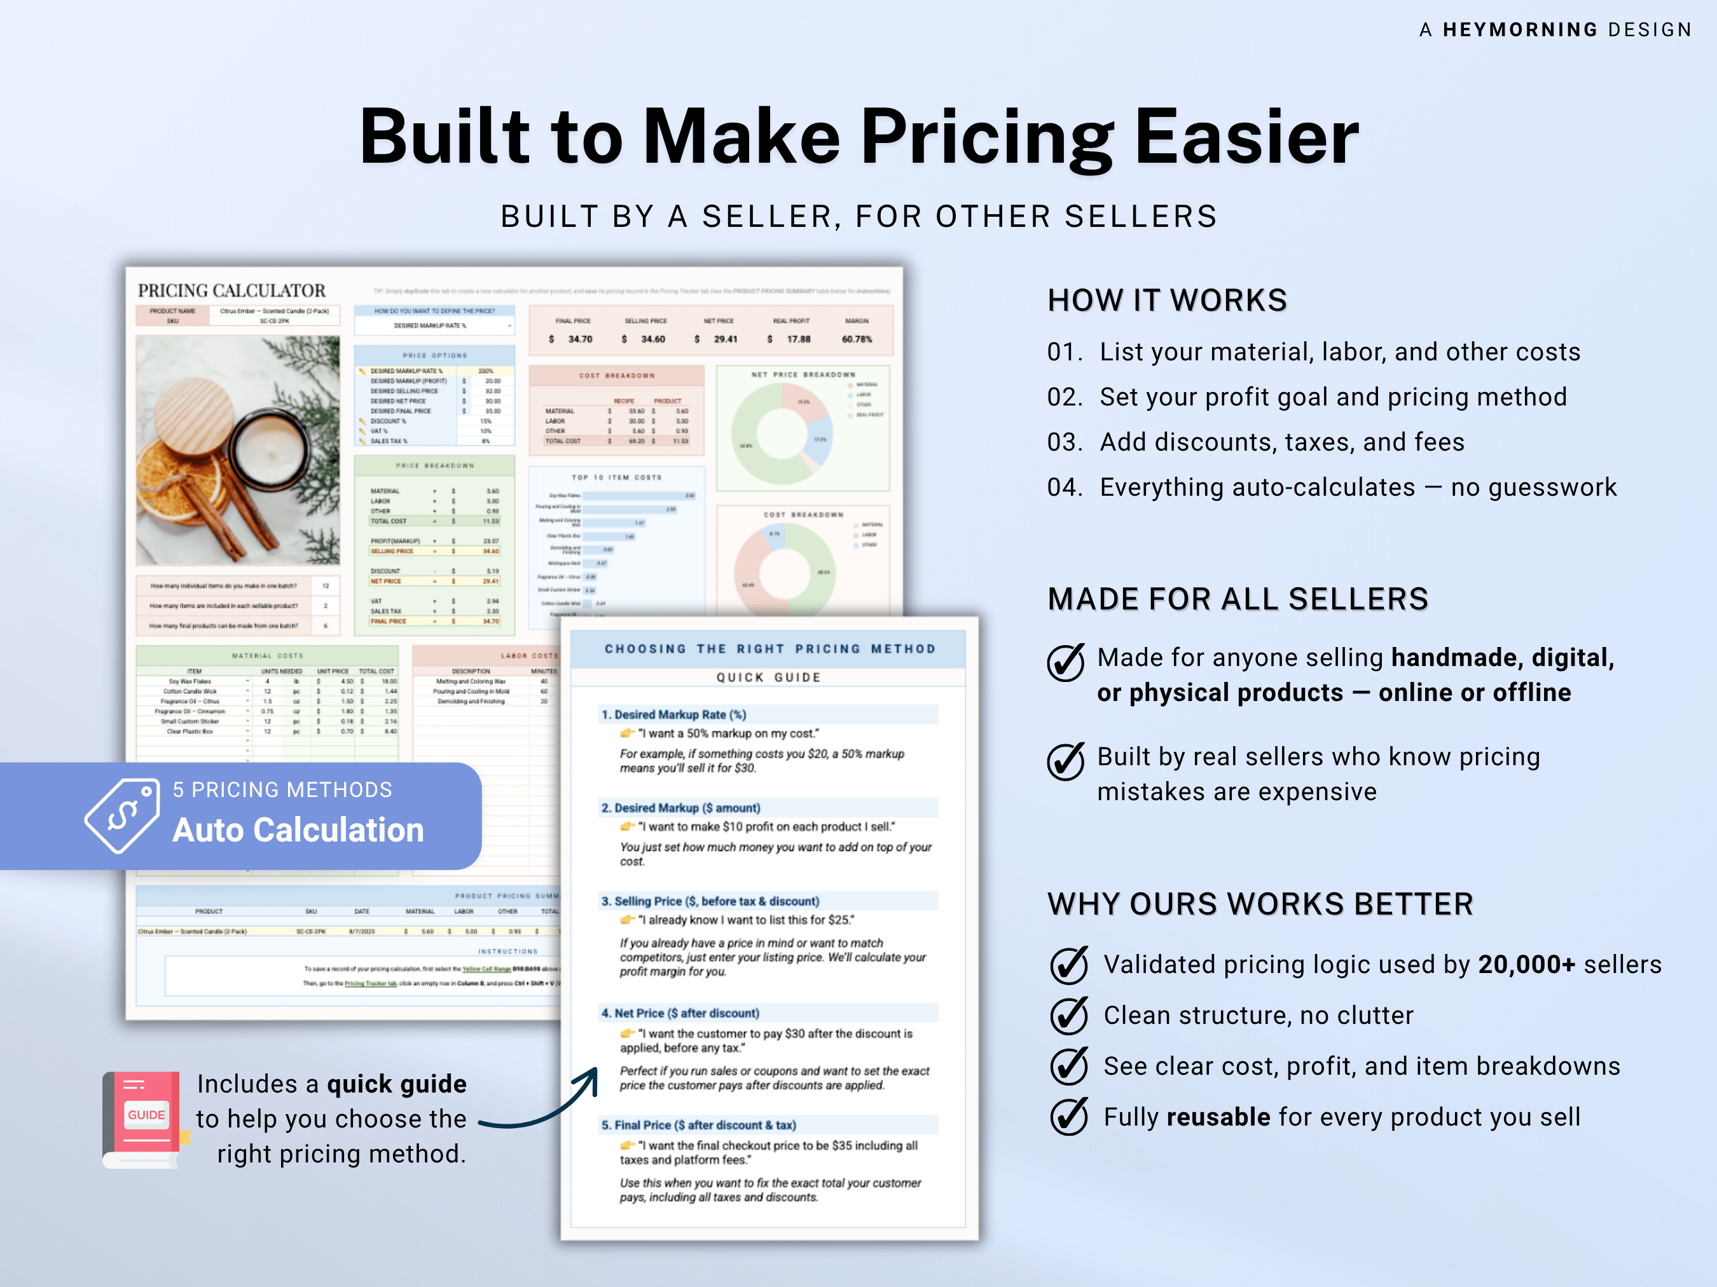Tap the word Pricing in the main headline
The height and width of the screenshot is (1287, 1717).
986,137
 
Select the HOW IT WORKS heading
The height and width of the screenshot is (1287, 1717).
1167,300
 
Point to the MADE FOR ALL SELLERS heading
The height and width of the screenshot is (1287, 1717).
1238,599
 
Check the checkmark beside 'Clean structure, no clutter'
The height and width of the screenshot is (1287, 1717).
1068,1016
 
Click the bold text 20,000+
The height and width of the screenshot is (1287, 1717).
1526,964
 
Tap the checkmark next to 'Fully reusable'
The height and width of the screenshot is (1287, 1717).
1068,1117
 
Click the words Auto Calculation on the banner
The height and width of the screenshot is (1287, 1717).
298,830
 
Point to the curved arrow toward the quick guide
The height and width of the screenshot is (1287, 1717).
543,1105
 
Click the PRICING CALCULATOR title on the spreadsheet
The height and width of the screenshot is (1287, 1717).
231,291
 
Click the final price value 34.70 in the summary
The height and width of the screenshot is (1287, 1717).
579,339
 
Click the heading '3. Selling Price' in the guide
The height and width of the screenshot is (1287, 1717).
710,901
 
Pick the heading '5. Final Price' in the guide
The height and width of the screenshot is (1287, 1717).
698,1125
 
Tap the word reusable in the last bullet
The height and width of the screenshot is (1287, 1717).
1218,1117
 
